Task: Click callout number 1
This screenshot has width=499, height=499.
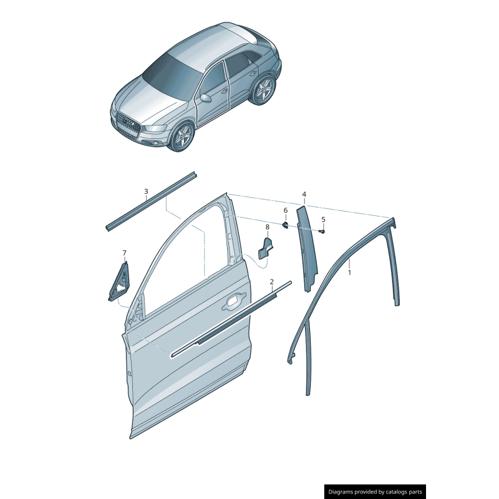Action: click(349, 273)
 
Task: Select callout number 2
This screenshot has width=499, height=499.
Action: click(272, 282)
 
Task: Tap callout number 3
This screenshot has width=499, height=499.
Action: click(146, 191)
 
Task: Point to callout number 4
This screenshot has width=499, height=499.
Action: click(304, 195)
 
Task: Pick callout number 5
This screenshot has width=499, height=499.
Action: click(323, 220)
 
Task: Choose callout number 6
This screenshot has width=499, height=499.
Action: click(286, 211)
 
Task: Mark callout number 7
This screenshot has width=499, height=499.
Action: click(124, 253)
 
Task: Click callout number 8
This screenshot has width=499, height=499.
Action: click(267, 227)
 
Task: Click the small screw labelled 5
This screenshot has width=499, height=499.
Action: click(322, 231)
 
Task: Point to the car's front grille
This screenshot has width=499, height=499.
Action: click(128, 125)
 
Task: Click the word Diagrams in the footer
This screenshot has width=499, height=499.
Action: click(346, 492)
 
